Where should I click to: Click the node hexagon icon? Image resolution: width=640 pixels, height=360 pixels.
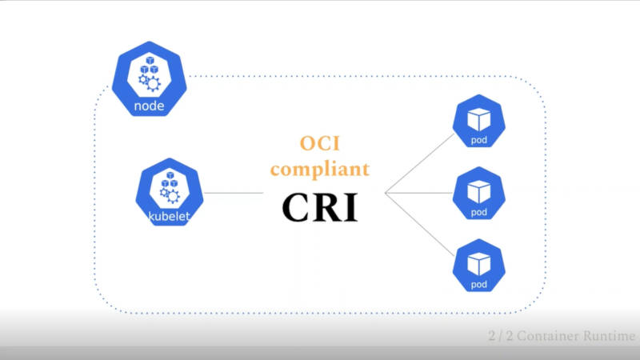[150, 78]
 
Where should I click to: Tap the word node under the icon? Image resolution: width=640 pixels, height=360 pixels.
[150, 106]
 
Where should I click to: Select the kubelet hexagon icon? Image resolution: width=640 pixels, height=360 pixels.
[170, 192]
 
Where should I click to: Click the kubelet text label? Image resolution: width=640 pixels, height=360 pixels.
[170, 216]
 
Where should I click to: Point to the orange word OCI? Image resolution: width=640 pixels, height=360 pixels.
[320, 143]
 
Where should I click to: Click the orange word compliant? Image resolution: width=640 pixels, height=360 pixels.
[320, 169]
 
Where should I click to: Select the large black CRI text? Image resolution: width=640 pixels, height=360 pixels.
[320, 207]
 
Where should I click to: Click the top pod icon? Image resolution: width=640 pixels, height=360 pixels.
[478, 121]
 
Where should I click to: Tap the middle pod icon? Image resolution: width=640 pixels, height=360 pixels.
[478, 193]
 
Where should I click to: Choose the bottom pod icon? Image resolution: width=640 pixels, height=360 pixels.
[478, 266]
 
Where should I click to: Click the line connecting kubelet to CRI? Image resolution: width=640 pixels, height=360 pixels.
[234, 193]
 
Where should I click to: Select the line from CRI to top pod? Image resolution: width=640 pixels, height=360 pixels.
[419, 163]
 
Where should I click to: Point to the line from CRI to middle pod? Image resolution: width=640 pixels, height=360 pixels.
[418, 193]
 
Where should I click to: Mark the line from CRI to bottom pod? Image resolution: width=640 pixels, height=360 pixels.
[419, 224]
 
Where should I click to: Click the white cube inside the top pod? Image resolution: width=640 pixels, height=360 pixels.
[478, 119]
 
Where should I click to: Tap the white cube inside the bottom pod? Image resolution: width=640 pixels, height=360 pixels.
[478, 264]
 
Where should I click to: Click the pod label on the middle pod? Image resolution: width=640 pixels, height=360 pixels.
[478, 212]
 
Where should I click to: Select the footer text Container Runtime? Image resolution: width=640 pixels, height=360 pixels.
[576, 336]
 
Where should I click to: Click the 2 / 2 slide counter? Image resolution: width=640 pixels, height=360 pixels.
[501, 336]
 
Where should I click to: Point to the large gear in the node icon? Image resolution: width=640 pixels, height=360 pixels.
[153, 84]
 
